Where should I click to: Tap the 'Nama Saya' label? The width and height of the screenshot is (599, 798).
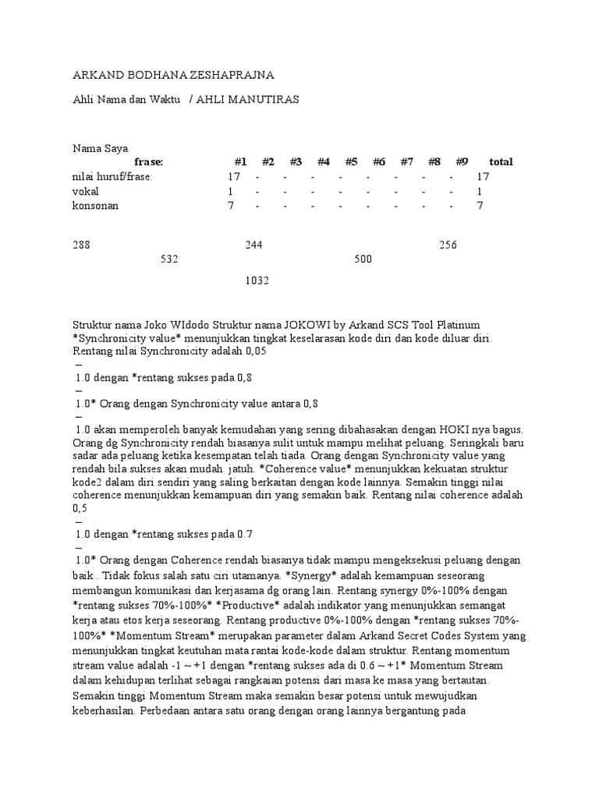[101, 148]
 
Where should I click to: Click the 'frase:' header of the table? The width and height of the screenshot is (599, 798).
[148, 162]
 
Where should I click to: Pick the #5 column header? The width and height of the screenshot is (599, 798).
[351, 162]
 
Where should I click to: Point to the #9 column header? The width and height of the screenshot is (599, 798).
[462, 162]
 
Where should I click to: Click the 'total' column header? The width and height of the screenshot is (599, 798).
[501, 162]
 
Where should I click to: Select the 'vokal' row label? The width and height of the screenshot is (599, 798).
[86, 191]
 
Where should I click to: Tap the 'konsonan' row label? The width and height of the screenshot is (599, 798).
[95, 206]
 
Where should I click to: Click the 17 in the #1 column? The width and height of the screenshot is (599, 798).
[234, 177]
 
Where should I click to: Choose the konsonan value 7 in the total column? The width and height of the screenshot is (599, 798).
[480, 206]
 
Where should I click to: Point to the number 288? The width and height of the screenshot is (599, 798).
[82, 245]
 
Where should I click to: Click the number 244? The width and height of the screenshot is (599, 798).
[253, 245]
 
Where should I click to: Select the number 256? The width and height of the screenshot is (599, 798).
[448, 245]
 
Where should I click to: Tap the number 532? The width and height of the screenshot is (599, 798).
[169, 260]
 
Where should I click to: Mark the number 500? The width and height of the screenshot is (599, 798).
[363, 260]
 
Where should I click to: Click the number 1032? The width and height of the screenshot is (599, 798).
[257, 281]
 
